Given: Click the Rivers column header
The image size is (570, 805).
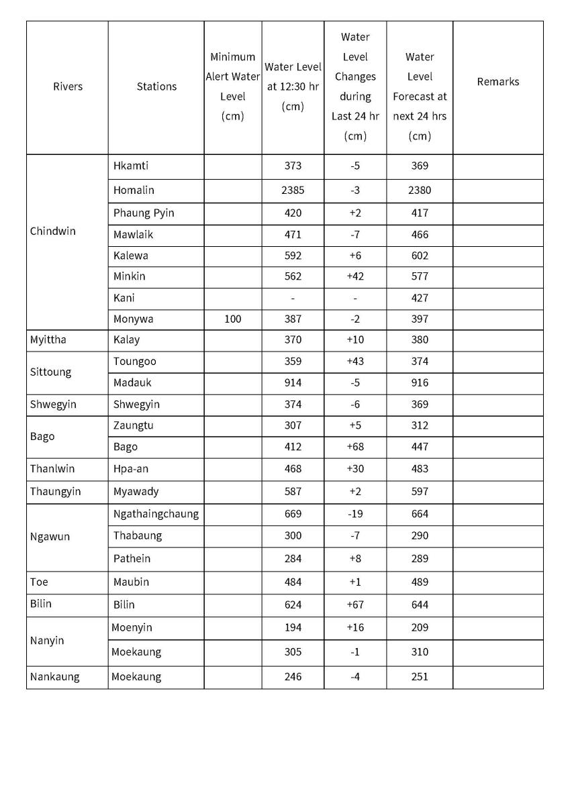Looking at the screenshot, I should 68,87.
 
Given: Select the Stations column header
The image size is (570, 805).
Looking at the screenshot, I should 156,87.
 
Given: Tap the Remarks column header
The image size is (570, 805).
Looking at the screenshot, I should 497,82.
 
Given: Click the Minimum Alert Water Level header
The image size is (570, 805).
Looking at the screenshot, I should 232,87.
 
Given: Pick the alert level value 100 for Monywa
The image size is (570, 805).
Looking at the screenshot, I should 232,319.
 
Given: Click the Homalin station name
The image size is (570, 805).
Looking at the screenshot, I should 134,191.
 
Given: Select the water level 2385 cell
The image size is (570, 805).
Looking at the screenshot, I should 293,191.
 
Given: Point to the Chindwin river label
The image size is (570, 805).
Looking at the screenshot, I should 53,231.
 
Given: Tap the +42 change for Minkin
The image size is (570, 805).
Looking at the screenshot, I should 354,276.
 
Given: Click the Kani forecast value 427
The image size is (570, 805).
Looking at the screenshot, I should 420,298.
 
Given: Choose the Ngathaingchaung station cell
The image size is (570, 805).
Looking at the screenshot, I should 156,515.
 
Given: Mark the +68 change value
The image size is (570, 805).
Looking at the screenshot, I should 354,447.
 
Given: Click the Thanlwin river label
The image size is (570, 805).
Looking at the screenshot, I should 52,469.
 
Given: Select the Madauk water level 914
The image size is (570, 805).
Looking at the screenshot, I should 293,383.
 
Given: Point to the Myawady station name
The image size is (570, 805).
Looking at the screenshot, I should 136,492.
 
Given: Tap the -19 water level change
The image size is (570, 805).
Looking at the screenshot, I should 354,515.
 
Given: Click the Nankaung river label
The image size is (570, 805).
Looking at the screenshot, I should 54,677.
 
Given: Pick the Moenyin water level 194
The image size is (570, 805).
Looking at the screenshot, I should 293,628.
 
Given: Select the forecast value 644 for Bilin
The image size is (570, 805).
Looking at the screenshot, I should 420,605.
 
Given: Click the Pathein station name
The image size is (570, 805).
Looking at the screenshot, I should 132,559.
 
